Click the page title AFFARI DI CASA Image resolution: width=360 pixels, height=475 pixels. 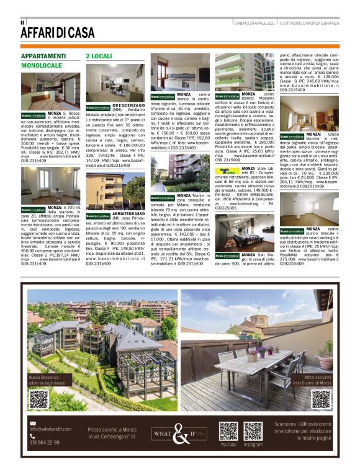[58, 32]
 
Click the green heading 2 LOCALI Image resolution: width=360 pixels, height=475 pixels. [99, 56]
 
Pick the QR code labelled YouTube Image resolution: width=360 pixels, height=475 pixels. [228, 431]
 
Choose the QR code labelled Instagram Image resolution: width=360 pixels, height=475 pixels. [253, 431]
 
